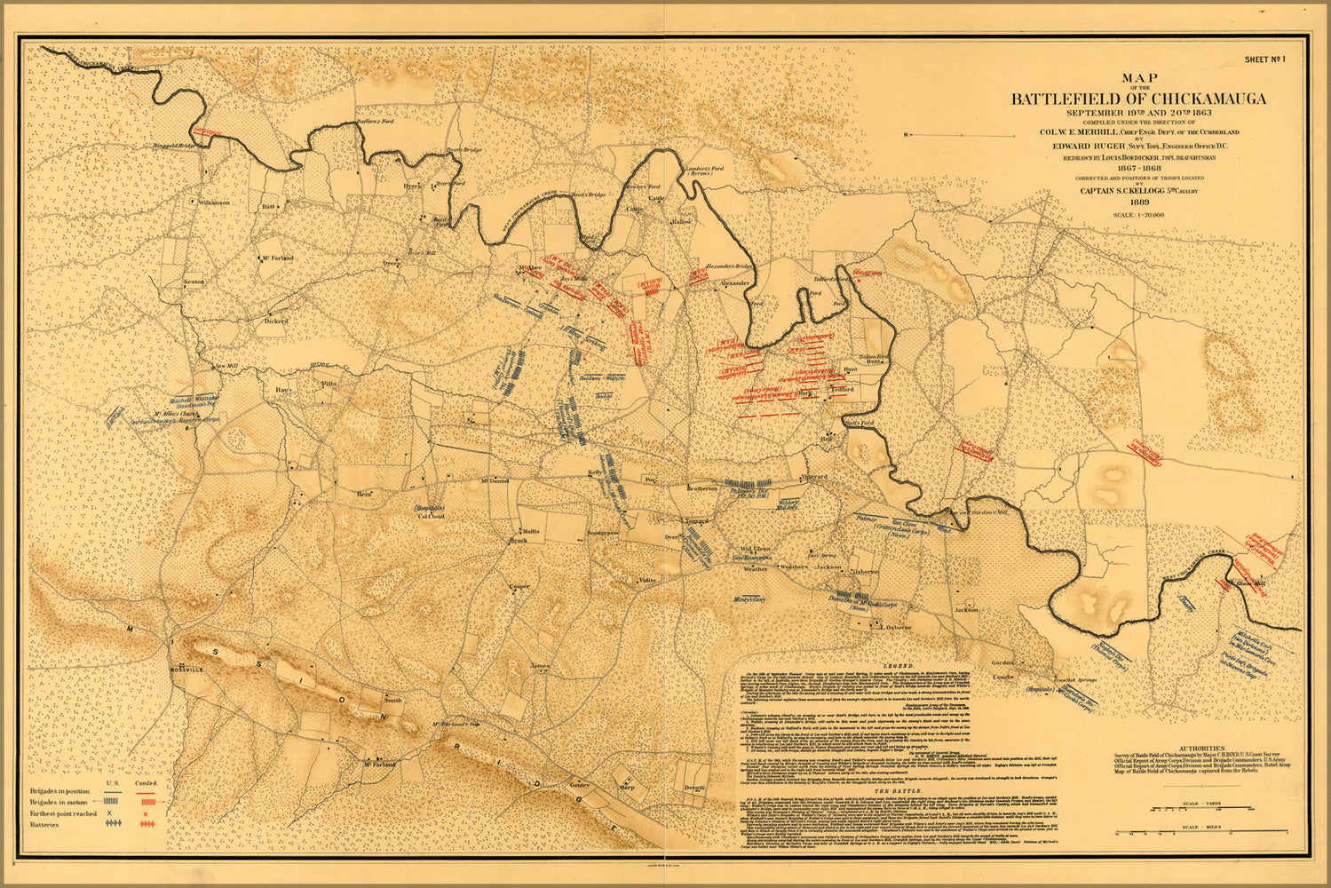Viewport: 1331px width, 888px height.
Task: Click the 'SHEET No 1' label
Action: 1264,59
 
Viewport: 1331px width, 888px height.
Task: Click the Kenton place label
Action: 194,281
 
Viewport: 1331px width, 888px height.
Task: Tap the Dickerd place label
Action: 275,321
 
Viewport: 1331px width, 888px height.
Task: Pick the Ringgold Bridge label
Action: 174,146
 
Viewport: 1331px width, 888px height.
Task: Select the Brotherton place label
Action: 701,488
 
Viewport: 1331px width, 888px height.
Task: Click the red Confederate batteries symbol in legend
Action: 148,825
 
